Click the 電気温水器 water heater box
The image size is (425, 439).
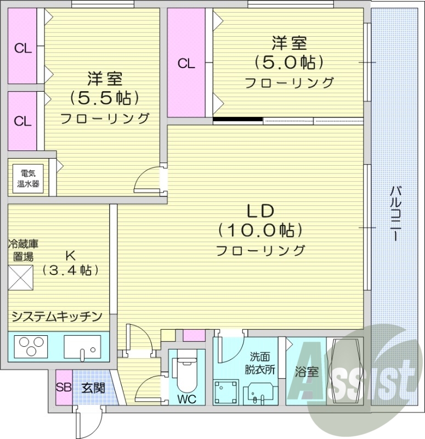[27, 178]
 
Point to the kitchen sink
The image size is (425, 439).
[81, 346]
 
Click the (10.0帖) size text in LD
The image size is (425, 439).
[260, 230]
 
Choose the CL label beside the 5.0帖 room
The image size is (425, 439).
[186, 63]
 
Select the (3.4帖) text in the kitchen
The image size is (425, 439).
[70, 271]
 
